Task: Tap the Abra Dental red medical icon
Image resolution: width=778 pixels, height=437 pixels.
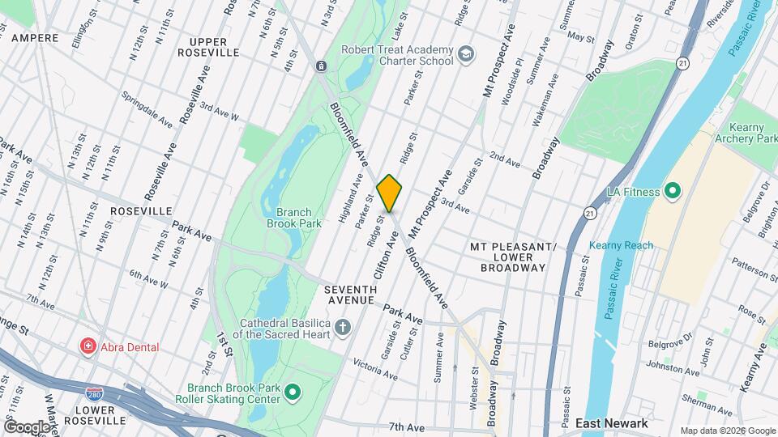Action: (x=87, y=346)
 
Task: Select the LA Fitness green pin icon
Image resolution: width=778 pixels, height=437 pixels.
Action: (x=671, y=192)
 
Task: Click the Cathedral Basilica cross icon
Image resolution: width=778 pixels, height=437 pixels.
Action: (x=343, y=327)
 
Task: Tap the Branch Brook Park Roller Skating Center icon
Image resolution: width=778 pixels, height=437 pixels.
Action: (x=293, y=393)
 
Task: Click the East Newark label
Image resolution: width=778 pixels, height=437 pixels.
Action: (x=611, y=423)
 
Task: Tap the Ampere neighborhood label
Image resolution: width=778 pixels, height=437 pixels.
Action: (x=35, y=38)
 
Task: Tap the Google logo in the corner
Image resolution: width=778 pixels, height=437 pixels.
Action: (x=27, y=426)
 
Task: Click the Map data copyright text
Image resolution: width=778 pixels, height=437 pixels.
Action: (x=726, y=431)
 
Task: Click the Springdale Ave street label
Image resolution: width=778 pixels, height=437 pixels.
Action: (x=146, y=109)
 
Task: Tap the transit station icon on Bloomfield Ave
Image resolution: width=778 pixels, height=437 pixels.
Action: (x=321, y=66)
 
